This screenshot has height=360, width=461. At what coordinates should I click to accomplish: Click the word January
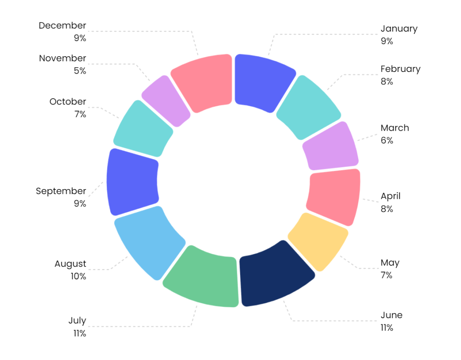click(x=399, y=29)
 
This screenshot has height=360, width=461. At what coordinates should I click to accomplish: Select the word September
click(x=61, y=191)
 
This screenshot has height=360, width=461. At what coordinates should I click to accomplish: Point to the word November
click(x=63, y=58)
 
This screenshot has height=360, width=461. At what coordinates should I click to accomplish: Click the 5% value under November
click(x=80, y=71)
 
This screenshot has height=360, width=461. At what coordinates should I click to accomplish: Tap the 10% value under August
click(x=78, y=276)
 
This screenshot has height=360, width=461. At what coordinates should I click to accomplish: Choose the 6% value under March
click(x=386, y=140)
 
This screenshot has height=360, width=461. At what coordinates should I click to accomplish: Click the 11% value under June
click(x=386, y=328)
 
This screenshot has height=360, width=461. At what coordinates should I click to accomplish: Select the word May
click(x=390, y=263)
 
